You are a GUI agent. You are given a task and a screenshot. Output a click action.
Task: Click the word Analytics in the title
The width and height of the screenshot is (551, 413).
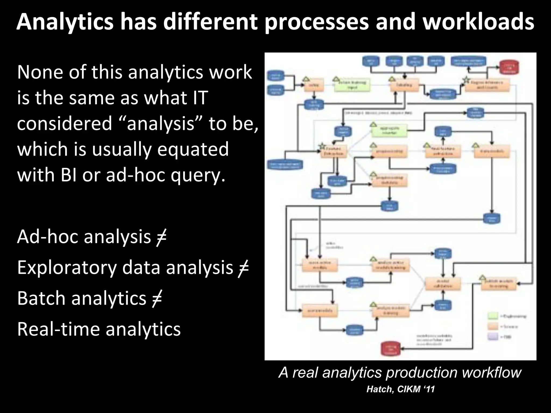point(65,23)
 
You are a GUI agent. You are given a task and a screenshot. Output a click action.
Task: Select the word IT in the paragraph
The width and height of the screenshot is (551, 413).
point(199,98)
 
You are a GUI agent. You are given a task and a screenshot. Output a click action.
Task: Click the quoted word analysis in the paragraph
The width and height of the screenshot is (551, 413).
point(161,123)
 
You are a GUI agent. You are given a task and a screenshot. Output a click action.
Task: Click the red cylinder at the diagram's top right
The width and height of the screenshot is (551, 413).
point(509,67)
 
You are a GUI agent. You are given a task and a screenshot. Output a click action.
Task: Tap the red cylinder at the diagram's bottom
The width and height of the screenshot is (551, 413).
point(391,349)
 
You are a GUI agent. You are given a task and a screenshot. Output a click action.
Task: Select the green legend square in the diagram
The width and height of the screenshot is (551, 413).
point(493,316)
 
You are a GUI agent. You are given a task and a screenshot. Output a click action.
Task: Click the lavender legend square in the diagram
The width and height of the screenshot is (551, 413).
point(493,337)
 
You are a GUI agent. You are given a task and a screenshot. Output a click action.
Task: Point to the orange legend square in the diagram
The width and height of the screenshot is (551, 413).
point(493,326)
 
